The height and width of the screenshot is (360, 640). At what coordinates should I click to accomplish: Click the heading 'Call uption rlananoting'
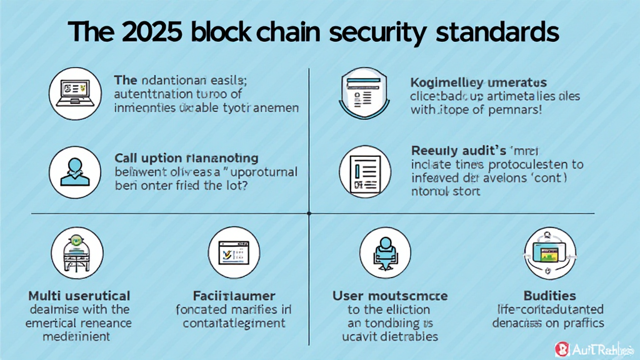186,158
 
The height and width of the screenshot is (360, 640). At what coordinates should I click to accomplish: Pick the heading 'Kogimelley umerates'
478,82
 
